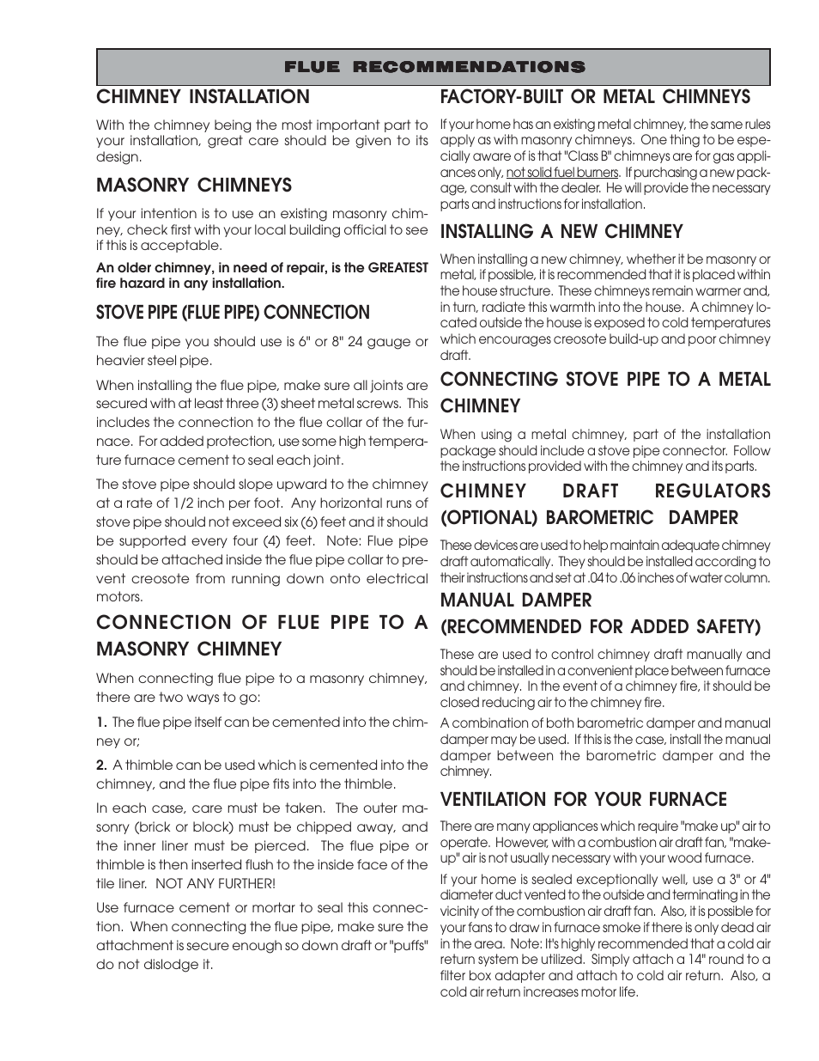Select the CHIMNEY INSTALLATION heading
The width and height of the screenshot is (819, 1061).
[203, 97]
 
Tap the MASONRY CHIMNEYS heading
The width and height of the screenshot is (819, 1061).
[194, 186]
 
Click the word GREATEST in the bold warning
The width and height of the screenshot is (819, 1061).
[397, 268]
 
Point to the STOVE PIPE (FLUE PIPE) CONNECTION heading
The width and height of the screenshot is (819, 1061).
[233, 313]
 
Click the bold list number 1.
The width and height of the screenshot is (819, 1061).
[101, 723]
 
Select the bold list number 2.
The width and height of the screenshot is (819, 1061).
[101, 765]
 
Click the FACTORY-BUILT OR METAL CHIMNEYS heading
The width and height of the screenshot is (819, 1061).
[595, 97]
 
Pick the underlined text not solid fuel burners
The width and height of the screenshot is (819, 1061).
[561, 173]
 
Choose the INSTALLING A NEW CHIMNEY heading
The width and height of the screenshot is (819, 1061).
[561, 232]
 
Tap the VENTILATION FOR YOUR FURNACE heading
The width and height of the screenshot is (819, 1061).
[583, 800]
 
